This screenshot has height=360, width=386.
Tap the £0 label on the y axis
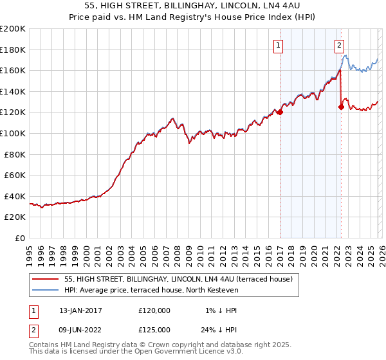coord(21,238)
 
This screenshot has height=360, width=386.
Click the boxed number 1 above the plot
coord(279,45)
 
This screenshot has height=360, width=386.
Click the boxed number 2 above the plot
coord(339,45)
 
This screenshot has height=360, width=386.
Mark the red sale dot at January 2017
coord(280,113)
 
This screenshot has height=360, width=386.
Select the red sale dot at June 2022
coord(341,107)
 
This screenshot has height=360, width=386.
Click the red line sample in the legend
coord(46,279)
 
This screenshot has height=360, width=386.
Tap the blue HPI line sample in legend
coord(46,290)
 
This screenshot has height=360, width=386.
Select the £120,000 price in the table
coord(154,310)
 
